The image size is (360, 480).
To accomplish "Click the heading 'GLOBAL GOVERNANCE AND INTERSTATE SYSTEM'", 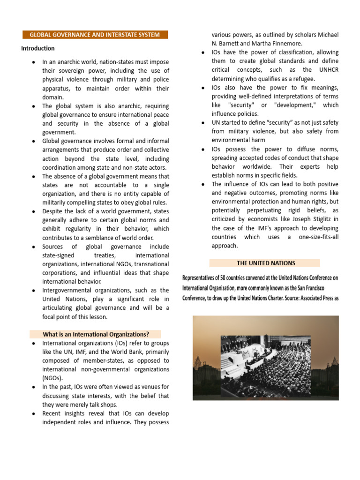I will (x=95, y=35).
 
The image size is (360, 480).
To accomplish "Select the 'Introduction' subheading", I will (x=38, y=48).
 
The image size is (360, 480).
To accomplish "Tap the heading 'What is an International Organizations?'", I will (x=96, y=334).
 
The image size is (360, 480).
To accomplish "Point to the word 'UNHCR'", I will (x=326, y=70).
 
